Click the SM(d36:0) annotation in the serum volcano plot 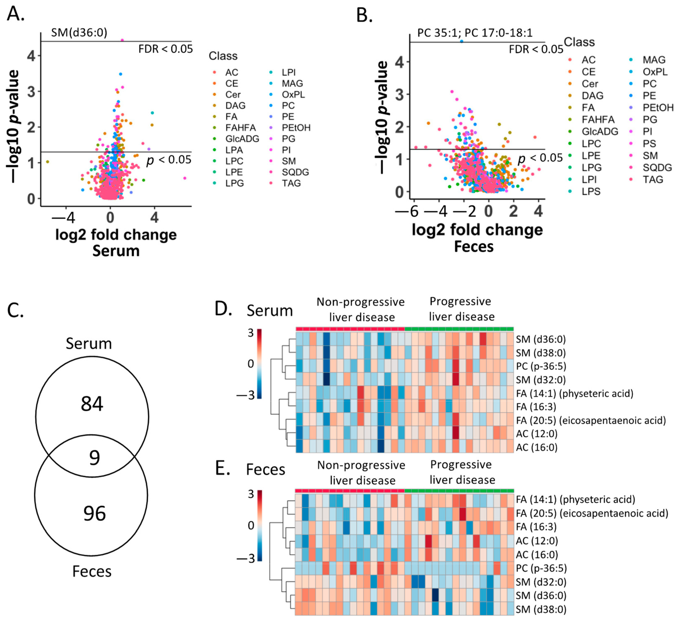pos(79,33)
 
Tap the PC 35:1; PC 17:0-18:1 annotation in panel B pos(474,33)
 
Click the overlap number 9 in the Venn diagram pos(94,457)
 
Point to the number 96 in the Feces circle pos(94,513)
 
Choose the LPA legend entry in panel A pos(234,150)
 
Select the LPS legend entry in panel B pos(591,192)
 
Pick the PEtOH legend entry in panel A pos(296,128)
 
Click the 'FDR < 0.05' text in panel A pos(166,49)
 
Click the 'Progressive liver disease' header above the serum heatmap pos(461,309)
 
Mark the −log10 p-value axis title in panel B pos(382,117)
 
